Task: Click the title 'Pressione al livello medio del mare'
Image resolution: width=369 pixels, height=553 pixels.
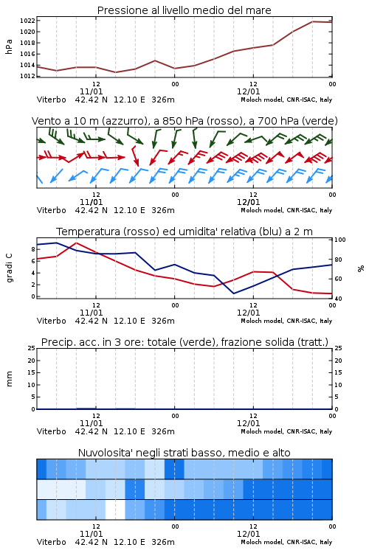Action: (184, 10)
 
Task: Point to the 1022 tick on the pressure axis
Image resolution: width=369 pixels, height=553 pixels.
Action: (27, 21)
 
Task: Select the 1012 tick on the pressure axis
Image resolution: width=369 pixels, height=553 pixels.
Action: (27, 76)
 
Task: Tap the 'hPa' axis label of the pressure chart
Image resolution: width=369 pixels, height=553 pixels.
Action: (9, 46)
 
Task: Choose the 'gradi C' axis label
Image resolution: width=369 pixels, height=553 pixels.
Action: (9, 268)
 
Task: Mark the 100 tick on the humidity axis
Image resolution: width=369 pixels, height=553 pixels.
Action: (340, 240)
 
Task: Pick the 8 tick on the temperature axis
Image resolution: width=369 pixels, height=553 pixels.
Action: (33, 249)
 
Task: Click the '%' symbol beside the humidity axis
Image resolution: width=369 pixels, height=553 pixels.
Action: (361, 268)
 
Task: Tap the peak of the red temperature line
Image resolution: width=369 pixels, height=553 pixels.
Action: (77, 243)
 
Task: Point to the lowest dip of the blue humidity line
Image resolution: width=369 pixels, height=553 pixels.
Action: (234, 293)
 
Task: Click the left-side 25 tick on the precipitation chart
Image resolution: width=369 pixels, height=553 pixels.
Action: (32, 348)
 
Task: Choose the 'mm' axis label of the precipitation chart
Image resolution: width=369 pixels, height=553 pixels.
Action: (9, 378)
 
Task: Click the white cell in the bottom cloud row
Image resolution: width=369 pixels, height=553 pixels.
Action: (115, 509)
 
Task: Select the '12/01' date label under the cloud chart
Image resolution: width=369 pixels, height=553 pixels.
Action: (248, 534)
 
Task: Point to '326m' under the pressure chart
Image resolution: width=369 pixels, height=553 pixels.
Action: (163, 100)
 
